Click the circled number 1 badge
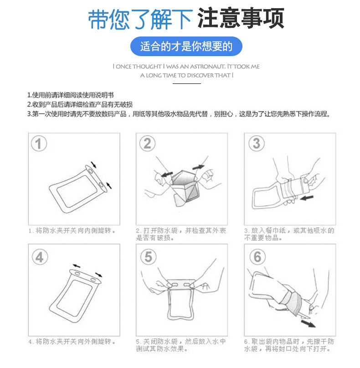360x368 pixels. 39,144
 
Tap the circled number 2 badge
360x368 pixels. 147,144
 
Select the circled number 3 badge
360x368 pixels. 257,144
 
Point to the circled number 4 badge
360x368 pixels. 40,257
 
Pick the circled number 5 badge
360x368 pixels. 148,257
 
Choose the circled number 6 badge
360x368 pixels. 257,257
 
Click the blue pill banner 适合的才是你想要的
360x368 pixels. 186,46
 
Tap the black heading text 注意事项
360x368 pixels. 241,18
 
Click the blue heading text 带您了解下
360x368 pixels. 140,19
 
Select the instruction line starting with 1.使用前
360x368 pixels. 70,95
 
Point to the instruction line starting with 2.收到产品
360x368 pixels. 80,104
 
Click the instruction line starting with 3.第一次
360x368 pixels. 179,114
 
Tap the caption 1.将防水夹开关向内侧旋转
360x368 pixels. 72,231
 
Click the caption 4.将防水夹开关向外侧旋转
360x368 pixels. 72,342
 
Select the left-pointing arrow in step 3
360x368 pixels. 307,198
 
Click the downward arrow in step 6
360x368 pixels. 308,323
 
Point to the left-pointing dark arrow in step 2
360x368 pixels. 167,174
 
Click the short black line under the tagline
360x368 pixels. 187,83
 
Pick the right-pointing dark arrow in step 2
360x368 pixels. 198,167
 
